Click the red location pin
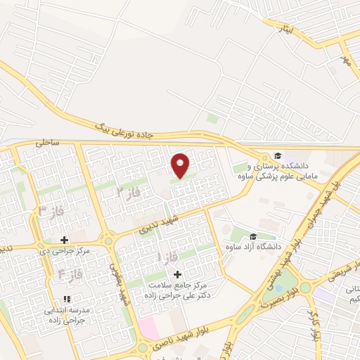pos(181,165)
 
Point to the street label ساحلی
pos(48,142)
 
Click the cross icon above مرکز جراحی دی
pos(64,240)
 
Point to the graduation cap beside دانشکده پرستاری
pos(278,155)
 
